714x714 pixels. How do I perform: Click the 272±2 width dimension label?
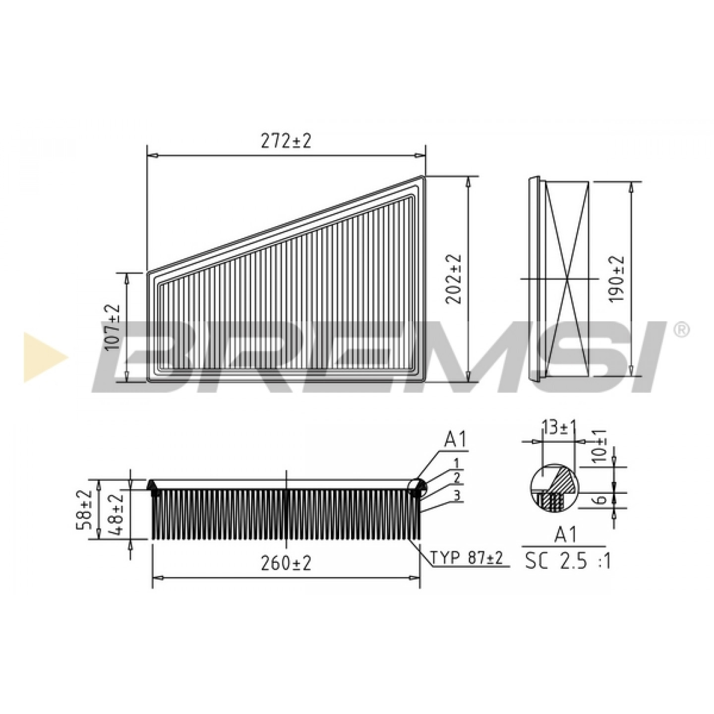coord(285,141)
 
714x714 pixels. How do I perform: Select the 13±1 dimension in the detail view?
coord(558,428)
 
